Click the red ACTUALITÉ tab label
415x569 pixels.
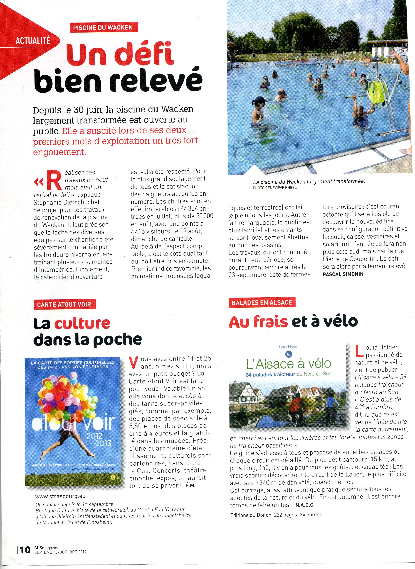(x=33, y=41)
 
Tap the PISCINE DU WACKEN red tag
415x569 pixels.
(x=103, y=27)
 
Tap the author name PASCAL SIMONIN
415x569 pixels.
(x=343, y=274)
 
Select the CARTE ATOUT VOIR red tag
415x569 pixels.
(x=64, y=305)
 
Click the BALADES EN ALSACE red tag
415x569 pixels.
(x=262, y=302)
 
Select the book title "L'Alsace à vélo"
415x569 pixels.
(x=288, y=364)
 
